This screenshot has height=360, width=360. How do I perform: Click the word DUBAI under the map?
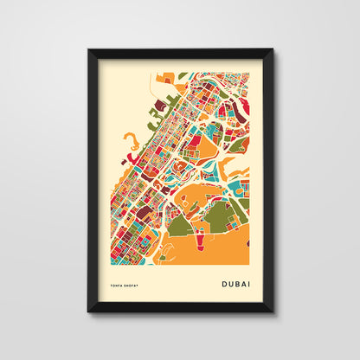click(x=236, y=282)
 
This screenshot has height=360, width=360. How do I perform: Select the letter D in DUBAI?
click(x=224, y=282)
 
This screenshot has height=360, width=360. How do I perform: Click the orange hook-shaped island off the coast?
click(x=129, y=138)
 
